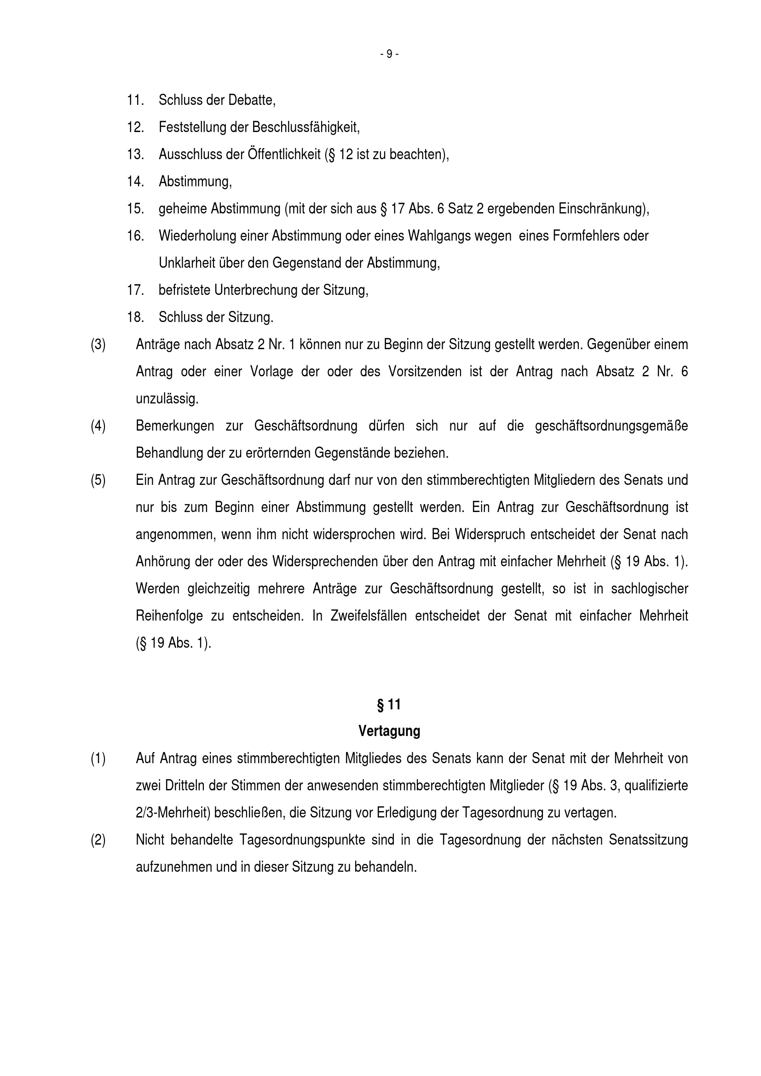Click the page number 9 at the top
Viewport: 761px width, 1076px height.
click(x=389, y=54)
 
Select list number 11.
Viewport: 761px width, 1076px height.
click(x=135, y=100)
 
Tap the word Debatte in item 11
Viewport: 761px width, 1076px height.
click(x=252, y=100)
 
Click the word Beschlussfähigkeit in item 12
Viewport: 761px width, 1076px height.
click(x=306, y=127)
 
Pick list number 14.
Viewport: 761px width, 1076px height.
click(x=135, y=181)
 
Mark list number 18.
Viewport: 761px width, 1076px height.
click(x=135, y=317)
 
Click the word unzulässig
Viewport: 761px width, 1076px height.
click(x=167, y=399)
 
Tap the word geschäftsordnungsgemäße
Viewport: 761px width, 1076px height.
click(x=611, y=426)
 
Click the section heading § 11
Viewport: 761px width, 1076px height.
click(x=389, y=705)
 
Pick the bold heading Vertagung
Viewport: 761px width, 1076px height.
click(x=389, y=731)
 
